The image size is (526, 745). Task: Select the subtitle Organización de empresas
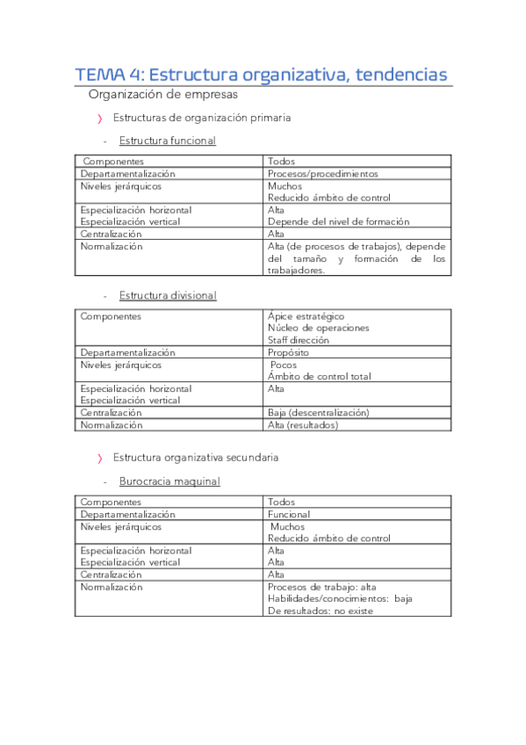(x=162, y=95)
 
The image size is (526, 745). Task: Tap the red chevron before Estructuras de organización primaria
(x=100, y=118)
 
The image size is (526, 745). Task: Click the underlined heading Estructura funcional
(x=167, y=141)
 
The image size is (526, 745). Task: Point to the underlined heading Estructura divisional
(x=167, y=295)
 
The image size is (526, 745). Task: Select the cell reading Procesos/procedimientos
(x=322, y=174)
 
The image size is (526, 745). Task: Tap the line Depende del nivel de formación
(x=338, y=222)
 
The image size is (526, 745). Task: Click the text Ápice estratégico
(x=306, y=316)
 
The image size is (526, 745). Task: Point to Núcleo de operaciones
(x=318, y=328)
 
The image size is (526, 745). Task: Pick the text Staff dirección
(x=299, y=340)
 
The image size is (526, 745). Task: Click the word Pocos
(x=284, y=365)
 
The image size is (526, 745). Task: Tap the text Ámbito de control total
(x=319, y=376)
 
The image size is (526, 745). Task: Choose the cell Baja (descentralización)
(x=318, y=412)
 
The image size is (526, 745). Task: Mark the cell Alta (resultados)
(x=302, y=424)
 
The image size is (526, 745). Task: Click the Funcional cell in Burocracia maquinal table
(x=289, y=514)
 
